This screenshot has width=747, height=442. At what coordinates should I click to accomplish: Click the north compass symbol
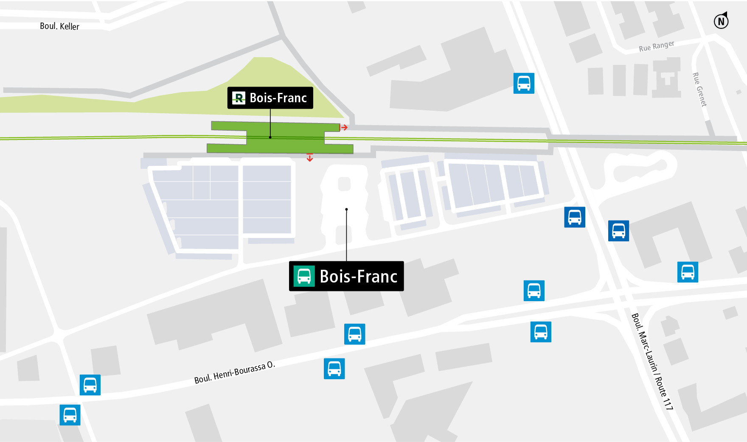pyautogui.click(x=721, y=21)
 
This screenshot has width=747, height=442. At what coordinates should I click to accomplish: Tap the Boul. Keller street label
pyautogui.click(x=59, y=26)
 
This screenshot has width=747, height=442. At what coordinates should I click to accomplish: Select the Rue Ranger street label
pyautogui.click(x=656, y=46)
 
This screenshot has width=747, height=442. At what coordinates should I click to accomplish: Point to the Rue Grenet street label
pyautogui.click(x=699, y=90)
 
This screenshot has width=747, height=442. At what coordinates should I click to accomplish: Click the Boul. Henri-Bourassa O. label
pyautogui.click(x=234, y=372)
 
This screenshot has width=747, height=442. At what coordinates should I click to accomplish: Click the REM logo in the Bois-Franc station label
pyautogui.click(x=239, y=98)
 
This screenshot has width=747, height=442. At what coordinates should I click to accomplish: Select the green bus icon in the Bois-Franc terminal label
pyautogui.click(x=304, y=276)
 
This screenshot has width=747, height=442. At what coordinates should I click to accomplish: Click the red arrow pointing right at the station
pyautogui.click(x=344, y=127)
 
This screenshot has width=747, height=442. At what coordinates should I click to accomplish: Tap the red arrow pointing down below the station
pyautogui.click(x=310, y=158)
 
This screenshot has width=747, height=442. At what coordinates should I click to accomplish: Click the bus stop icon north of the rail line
pyautogui.click(x=524, y=83)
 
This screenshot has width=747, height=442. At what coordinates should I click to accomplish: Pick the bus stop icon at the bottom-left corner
pyautogui.click(x=70, y=415)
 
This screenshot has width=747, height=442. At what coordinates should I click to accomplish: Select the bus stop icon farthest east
pyautogui.click(x=688, y=272)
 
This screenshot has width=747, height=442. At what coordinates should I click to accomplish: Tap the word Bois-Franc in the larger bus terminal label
pyautogui.click(x=358, y=277)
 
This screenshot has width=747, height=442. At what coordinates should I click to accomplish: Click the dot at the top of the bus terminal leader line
pyautogui.click(x=347, y=209)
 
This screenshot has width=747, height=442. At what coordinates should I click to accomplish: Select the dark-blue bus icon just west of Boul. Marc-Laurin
pyautogui.click(x=575, y=217)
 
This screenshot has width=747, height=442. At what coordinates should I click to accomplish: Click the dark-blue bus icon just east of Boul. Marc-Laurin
pyautogui.click(x=618, y=231)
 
